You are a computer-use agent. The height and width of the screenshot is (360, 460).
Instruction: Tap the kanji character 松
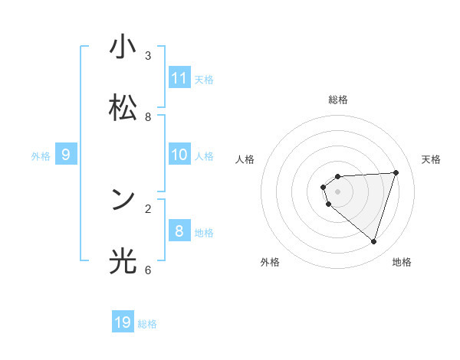coord(123,108)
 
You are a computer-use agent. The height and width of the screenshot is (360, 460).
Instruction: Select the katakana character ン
coord(123,200)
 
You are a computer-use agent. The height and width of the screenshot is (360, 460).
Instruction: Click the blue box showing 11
coord(179,77)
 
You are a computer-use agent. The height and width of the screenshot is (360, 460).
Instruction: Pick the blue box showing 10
coord(179,155)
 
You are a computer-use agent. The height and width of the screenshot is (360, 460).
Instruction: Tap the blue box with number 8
coord(179,231)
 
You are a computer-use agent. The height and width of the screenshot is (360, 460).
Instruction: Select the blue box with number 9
coord(66,155)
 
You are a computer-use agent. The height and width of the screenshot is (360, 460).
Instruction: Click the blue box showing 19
coord(123,322)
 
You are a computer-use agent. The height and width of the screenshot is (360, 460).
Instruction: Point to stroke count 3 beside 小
coord(148,56)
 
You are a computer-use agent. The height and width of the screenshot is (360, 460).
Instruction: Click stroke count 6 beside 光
coord(148,270)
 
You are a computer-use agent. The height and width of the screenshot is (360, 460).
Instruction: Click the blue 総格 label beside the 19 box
coord(147,324)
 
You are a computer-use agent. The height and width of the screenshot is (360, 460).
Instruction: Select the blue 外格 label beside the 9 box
coord(41,156)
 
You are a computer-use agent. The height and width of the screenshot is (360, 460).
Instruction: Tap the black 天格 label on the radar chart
coord(431,159)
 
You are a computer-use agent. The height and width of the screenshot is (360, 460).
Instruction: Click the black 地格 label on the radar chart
coord(402,262)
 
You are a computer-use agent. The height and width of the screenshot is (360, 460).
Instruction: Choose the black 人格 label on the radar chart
coord(245,159)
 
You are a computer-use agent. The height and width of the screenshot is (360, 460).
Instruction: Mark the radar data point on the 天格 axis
coord(396,172)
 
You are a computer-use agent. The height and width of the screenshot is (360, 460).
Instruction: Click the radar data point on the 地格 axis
coord(373,241)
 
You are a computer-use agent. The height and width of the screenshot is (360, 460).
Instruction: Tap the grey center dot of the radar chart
coord(337,191)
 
